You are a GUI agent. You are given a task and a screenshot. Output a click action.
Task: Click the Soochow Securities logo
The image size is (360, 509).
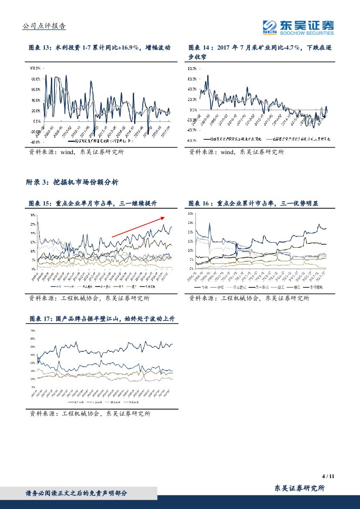pyautogui.click(x=298, y=27)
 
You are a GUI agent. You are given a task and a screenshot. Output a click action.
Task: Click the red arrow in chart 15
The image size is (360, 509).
pyautogui.click(x=138, y=227)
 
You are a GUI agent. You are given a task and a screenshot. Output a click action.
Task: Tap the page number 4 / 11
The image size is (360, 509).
pyautogui.click(x=328, y=476)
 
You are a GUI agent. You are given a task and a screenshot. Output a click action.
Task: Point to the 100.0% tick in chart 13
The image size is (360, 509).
pyautogui.click(x=35, y=69)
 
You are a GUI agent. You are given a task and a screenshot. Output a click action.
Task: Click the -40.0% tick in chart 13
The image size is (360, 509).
pyautogui.click(x=35, y=142)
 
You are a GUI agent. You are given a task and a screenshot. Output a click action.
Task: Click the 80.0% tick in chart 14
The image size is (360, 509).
pyautogui.click(x=192, y=69)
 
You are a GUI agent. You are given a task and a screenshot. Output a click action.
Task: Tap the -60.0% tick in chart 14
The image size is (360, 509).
pyautogui.click(x=192, y=141)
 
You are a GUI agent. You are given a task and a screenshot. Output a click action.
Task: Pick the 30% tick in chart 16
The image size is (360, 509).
pyautogui.click(x=190, y=214)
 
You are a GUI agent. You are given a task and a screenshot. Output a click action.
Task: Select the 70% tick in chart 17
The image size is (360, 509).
pyautogui.click(x=32, y=331)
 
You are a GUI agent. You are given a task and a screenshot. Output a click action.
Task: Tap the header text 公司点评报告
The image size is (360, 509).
pyautogui.click(x=44, y=26)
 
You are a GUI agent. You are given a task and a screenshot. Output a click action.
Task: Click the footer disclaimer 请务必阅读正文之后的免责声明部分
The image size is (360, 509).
pyautogui.click(x=77, y=493)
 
